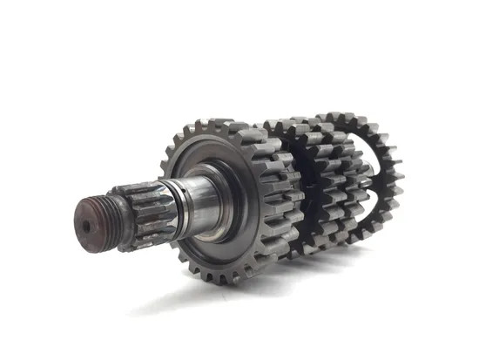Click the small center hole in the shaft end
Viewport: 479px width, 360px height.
click(x=85, y=224)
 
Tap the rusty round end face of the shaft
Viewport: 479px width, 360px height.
click(x=88, y=221)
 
